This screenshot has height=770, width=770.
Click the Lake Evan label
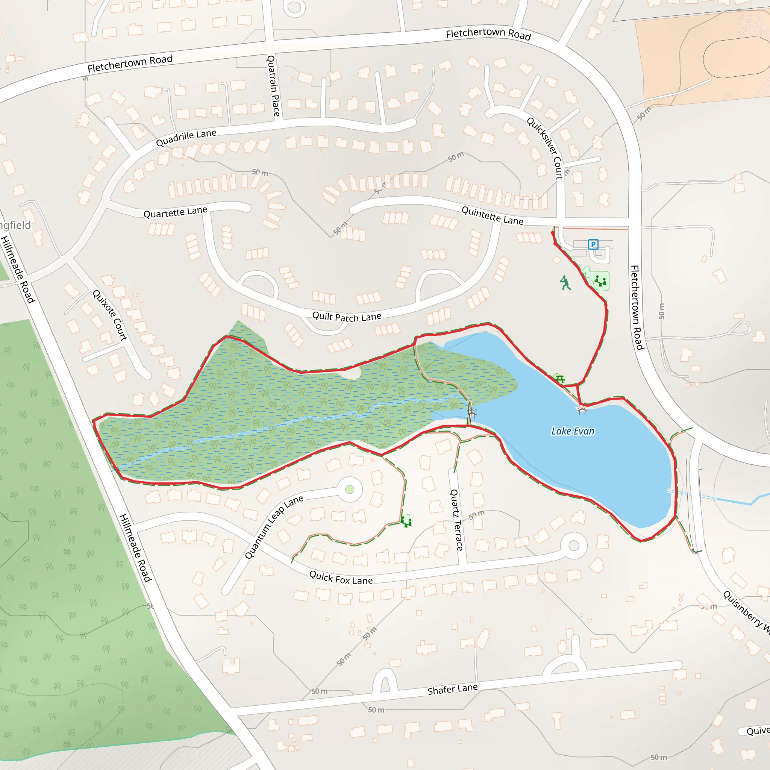point(572,431)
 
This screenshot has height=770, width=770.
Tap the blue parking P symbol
point(593,244)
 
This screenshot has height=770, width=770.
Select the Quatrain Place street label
point(273,86)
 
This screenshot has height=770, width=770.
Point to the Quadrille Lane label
point(186,138)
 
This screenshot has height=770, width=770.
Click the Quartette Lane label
point(175,212)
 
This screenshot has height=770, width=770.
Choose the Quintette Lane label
point(492,215)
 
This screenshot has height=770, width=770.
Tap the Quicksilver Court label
point(545,148)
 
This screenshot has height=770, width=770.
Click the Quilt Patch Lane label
point(347,317)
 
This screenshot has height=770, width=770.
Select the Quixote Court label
point(110,315)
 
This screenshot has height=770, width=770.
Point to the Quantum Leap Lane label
point(274,526)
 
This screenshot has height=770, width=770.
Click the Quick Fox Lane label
point(341,577)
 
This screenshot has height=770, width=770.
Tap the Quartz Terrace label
point(456,520)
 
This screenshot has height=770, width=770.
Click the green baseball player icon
point(565,283)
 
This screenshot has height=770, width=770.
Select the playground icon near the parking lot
point(600,281)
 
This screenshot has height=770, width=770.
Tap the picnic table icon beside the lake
point(559,379)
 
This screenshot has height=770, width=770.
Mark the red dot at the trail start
point(552,233)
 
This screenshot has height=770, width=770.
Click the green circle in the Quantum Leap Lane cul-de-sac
point(350,490)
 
